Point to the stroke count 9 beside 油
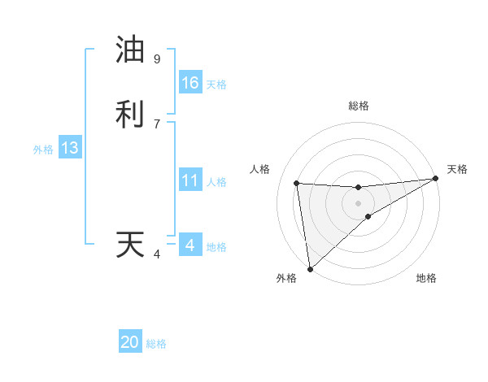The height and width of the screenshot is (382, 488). [x=157, y=59]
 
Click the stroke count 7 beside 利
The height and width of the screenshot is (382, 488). [x=157, y=124]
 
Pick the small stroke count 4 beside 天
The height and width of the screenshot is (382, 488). [x=157, y=254]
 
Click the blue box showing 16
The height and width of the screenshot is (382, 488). [x=190, y=83]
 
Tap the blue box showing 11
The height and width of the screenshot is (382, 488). [x=190, y=180]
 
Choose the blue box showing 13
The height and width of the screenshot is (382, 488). [x=70, y=148]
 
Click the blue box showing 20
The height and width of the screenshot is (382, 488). [x=130, y=342]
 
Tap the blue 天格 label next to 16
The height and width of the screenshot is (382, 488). [x=216, y=84]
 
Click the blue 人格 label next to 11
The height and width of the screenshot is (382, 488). [x=216, y=181]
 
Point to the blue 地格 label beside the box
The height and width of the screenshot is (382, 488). [x=216, y=246]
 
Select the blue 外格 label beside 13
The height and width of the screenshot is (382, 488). [x=43, y=149]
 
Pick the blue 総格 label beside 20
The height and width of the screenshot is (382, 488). [x=156, y=343]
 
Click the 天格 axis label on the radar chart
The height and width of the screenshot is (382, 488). [x=457, y=169]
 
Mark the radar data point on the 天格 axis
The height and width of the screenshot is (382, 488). [x=435, y=179]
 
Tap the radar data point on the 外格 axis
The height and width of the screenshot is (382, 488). [x=310, y=268]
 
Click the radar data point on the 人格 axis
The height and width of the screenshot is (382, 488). [x=297, y=183]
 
